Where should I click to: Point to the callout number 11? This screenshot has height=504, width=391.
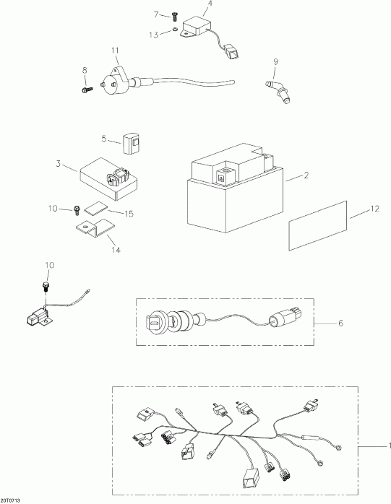[x=114, y=49]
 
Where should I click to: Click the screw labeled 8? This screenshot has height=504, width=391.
[x=87, y=90]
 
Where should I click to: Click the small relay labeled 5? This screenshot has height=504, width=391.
[x=132, y=143]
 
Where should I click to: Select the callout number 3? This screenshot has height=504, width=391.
[x=58, y=164]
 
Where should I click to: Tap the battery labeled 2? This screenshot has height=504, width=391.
[x=231, y=195]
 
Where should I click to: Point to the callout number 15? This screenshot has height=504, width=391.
[x=130, y=214]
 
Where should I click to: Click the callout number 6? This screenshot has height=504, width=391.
[x=341, y=323]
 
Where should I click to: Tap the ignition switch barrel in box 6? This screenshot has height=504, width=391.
[x=171, y=318]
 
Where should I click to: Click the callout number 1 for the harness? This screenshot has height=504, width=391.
[x=384, y=446]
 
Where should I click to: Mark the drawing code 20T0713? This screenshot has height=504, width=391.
[x=11, y=499]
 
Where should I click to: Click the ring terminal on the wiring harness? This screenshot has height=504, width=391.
[x=338, y=452]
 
